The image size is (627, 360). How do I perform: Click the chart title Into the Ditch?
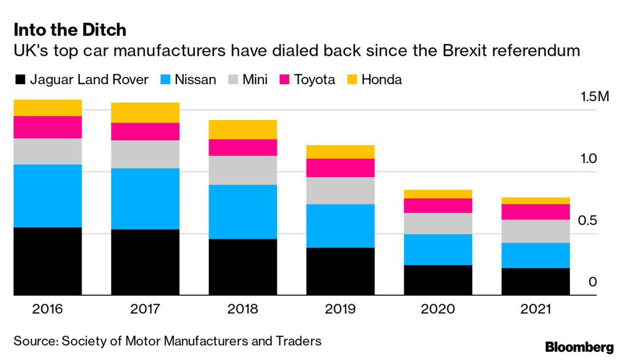point(70,30)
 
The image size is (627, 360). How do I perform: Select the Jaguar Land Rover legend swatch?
point(20,80)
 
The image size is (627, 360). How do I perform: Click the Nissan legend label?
point(195,80)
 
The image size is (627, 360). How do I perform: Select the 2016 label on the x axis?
point(48,309)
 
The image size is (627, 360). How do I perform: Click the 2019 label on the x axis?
point(340,309)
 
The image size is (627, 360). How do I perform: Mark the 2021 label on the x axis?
point(536,309)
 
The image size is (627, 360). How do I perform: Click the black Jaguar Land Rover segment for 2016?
point(48,261)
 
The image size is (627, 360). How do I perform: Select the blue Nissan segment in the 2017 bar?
point(145,199)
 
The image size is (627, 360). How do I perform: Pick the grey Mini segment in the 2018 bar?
point(242,170)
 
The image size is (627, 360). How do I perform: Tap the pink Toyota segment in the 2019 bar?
point(340,168)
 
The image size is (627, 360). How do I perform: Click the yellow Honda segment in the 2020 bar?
point(438,194)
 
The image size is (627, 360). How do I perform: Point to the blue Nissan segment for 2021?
point(536,256)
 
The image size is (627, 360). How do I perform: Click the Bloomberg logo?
point(579,347)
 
